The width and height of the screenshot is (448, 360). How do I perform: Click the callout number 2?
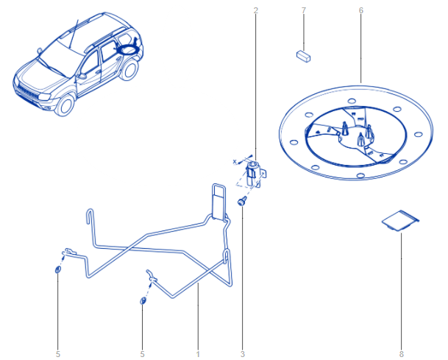[x=256, y=10]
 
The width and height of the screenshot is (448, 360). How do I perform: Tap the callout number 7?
[x=303, y=10]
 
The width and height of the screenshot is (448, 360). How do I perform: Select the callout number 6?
[x=361, y=10]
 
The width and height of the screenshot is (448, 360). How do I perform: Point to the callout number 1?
[x=198, y=354]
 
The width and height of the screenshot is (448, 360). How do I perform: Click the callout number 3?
[x=243, y=354]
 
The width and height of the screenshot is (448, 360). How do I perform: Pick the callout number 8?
[x=402, y=354]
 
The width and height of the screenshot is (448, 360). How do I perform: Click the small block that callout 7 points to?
[x=303, y=57]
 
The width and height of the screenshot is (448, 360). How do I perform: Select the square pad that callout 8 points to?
[x=401, y=220]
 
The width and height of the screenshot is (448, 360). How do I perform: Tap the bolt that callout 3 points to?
[x=242, y=201]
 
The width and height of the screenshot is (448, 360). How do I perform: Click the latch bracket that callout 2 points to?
[x=255, y=173]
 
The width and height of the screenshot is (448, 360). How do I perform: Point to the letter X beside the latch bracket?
[x=235, y=161]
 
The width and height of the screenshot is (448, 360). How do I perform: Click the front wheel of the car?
[x=65, y=105]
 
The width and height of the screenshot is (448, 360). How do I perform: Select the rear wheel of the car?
[x=129, y=69]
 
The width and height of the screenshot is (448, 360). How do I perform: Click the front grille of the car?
[x=26, y=92]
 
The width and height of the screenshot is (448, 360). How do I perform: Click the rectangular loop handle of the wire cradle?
[x=218, y=202]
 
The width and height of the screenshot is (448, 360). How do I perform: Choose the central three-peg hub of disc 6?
[x=357, y=135]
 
